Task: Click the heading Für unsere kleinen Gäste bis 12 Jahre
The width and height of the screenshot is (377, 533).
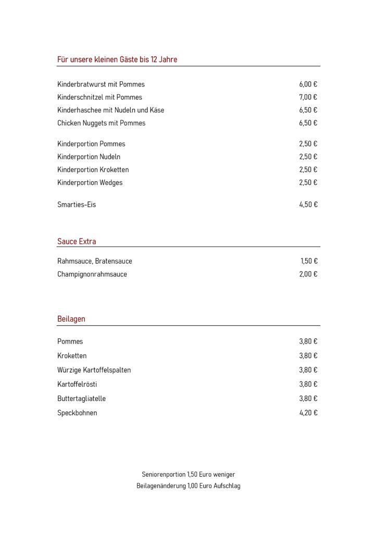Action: (117, 60)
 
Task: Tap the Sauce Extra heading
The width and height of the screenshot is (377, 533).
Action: (77, 242)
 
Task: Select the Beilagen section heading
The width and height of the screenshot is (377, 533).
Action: (71, 319)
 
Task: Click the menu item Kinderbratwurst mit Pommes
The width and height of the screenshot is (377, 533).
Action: (101, 84)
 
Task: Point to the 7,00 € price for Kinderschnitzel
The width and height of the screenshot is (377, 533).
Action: (308, 97)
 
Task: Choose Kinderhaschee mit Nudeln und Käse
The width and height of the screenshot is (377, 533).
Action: (110, 110)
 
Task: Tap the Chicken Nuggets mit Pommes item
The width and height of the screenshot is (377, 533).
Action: (102, 123)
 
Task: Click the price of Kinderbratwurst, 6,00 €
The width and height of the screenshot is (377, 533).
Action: (308, 84)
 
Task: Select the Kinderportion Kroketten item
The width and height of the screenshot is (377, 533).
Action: (93, 170)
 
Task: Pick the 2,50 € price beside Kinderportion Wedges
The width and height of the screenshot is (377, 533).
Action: (308, 183)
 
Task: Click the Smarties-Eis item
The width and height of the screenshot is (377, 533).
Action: (77, 205)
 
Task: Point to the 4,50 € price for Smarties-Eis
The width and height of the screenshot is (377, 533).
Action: (308, 205)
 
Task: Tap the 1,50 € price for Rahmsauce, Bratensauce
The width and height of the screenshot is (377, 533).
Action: (309, 261)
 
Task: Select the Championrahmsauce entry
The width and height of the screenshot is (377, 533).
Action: (92, 274)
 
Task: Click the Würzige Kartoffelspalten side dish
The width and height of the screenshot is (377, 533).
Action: (94, 370)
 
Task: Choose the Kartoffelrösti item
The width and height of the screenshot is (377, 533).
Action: (77, 384)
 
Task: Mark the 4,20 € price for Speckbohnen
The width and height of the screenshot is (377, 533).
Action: (308, 413)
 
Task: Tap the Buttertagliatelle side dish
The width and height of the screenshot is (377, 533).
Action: (82, 399)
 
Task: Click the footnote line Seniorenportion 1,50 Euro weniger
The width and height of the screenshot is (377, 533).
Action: (188, 475)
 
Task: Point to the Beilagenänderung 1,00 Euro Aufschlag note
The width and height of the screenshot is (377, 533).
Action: (188, 486)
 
